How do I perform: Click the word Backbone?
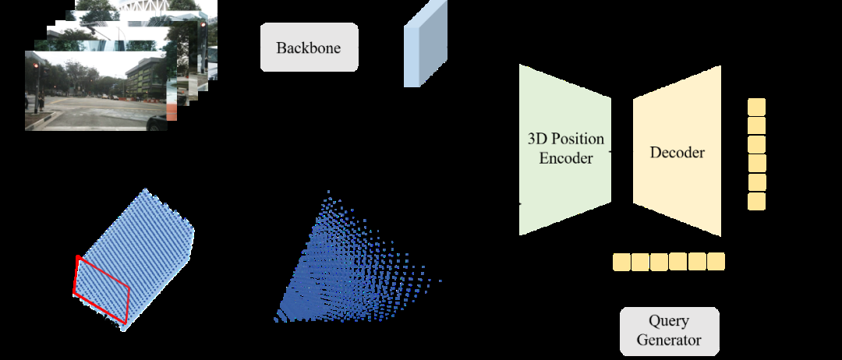coord(308,48)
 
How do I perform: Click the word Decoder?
coord(677,153)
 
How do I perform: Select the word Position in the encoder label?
coord(577,139)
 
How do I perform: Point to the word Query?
coord(669,322)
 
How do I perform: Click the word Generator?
coord(669,341)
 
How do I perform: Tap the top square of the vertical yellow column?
coord(756,108)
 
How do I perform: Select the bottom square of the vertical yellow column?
coord(756,201)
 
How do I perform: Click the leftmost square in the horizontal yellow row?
coord(621,262)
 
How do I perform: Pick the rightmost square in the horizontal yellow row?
coord(715,262)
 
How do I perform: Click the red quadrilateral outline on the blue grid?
coord(101,289)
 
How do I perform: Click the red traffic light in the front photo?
coord(35,67)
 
